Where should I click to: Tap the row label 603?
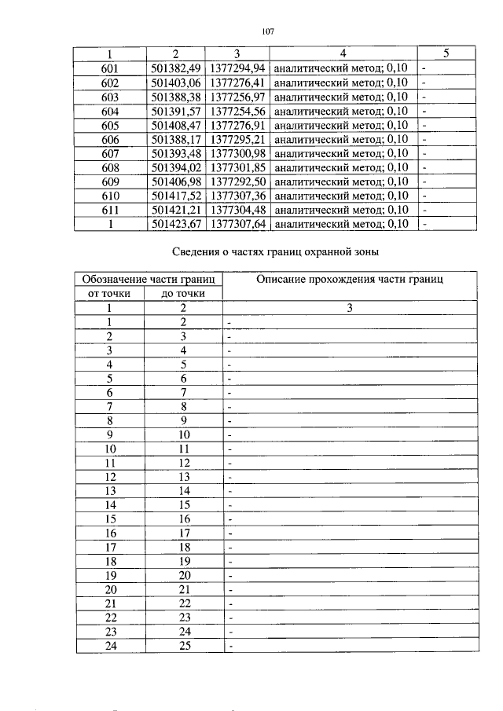(x=110, y=96)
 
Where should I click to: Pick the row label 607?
(x=110, y=152)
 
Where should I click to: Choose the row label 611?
(x=110, y=209)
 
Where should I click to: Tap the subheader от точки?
(x=110, y=294)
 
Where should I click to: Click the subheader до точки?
(x=184, y=294)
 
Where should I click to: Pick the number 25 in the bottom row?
(x=184, y=646)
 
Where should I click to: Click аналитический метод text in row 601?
(x=322, y=68)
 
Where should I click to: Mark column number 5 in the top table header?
(x=446, y=53)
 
